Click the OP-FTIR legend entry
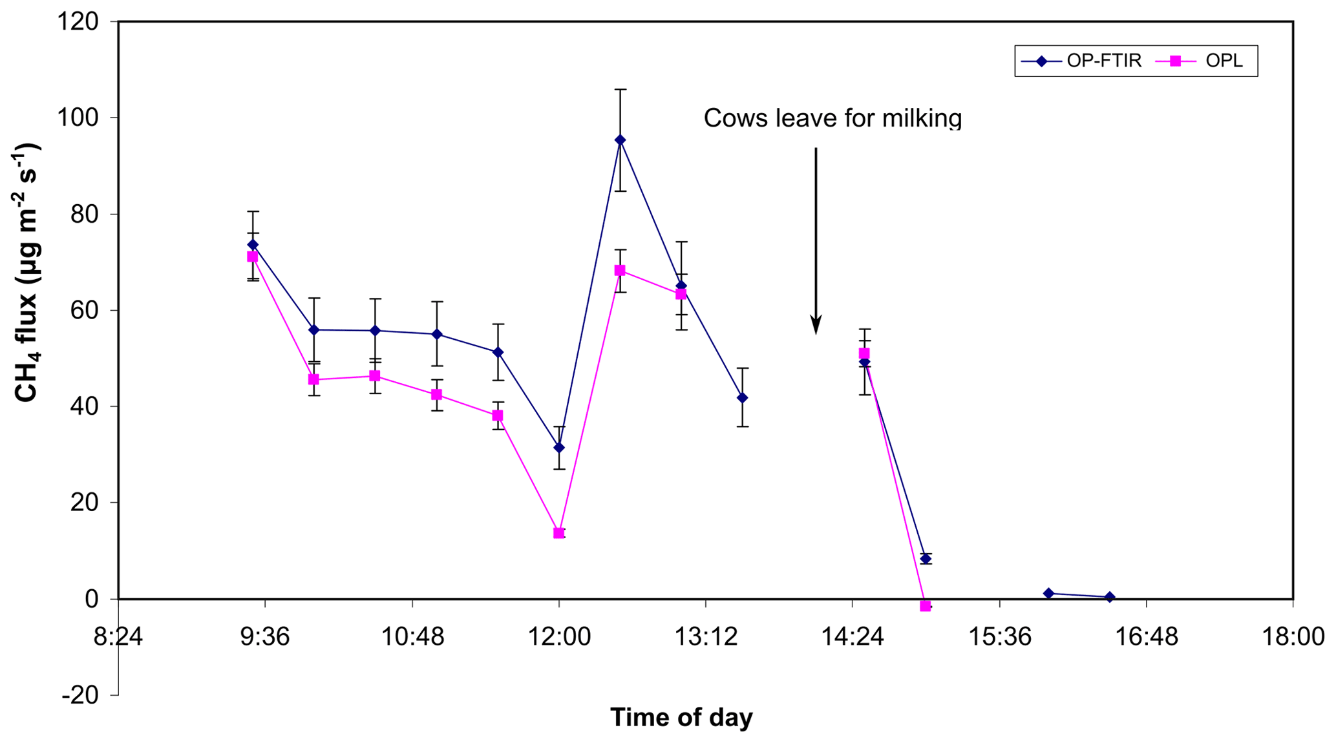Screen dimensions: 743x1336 pyautogui.click(x=1081, y=61)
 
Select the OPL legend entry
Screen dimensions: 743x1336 pyautogui.click(x=1206, y=61)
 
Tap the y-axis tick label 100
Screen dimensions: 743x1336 pyautogui.click(x=78, y=118)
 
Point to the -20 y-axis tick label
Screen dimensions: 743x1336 pyautogui.click(x=80, y=695)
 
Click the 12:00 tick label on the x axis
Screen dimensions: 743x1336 pyautogui.click(x=559, y=637)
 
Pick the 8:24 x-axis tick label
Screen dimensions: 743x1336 pyautogui.click(x=118, y=637)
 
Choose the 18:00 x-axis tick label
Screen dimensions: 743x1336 pyautogui.click(x=1293, y=637)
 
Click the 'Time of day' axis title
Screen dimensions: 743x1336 pyautogui.click(x=681, y=717)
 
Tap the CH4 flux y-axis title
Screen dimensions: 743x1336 pyautogui.click(x=27, y=271)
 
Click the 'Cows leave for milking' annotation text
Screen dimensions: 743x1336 pyautogui.click(x=832, y=118)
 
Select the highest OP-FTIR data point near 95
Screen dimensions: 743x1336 pyautogui.click(x=620, y=140)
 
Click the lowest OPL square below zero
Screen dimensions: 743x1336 pyautogui.click(x=925, y=606)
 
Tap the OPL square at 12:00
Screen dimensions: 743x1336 pyautogui.click(x=559, y=533)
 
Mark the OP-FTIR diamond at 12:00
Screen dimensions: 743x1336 pyautogui.click(x=559, y=447)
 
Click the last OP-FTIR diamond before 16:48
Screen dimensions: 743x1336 pyautogui.click(x=1109, y=597)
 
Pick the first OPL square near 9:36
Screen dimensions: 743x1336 pyautogui.click(x=252, y=257)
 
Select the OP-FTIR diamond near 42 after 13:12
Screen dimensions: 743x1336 pyautogui.click(x=742, y=398)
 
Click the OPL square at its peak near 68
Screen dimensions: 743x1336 pyautogui.click(x=620, y=271)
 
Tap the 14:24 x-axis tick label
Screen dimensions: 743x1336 pyautogui.click(x=853, y=637)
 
